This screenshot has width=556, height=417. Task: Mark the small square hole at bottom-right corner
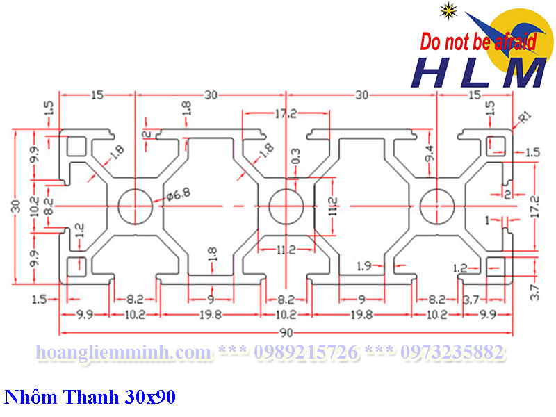pyautogui.click(x=496, y=266)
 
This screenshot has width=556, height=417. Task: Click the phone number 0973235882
pyautogui.click(x=448, y=353)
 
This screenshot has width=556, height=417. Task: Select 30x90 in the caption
pyautogui.click(x=151, y=398)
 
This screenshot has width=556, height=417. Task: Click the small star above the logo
pyautogui.click(x=448, y=10)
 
